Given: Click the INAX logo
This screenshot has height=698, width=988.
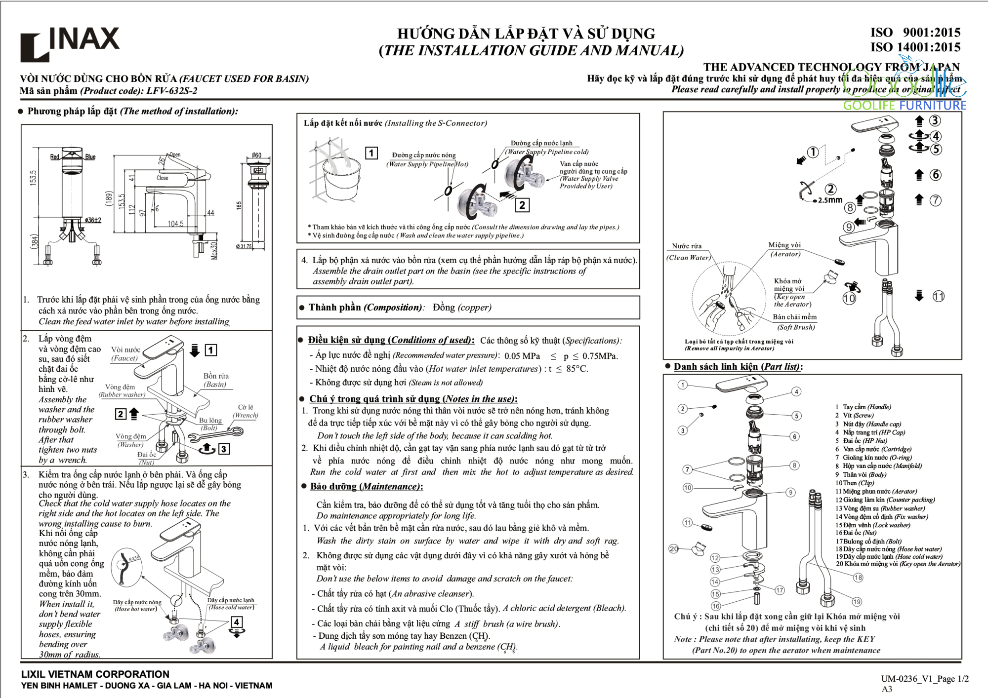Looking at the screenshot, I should [x=70, y=43].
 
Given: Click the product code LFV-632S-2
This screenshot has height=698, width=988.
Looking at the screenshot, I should [x=171, y=91].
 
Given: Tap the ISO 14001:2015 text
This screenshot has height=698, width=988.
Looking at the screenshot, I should [x=915, y=47].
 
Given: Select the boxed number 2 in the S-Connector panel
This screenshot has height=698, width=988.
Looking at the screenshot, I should [x=522, y=205].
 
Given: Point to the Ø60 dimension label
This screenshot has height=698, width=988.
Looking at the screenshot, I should [x=256, y=155].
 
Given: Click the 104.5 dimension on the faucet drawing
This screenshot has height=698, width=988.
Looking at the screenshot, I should [x=175, y=224].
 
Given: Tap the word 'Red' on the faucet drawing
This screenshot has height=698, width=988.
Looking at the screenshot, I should [x=54, y=157].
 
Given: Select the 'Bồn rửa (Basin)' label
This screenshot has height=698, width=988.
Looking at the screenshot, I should [x=216, y=380].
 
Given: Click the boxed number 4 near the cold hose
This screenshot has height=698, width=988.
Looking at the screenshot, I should [x=237, y=622].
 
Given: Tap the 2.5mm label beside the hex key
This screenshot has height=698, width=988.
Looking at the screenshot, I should [x=830, y=200].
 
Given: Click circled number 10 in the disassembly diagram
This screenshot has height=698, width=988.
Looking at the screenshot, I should [x=849, y=298].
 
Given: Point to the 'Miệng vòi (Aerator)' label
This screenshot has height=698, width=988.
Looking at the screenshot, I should [x=784, y=249].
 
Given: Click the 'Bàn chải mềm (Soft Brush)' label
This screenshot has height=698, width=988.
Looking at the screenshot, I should [x=794, y=322].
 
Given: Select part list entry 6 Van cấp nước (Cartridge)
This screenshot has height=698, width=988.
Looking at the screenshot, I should [x=873, y=449].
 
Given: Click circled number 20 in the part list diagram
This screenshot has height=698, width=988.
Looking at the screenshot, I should [x=674, y=548].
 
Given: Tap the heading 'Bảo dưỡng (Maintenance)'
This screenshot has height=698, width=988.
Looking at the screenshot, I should [x=366, y=487].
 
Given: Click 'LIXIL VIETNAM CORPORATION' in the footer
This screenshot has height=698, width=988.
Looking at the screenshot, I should [x=95, y=674].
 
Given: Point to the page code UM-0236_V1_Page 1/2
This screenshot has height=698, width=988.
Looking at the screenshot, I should [x=925, y=679].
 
